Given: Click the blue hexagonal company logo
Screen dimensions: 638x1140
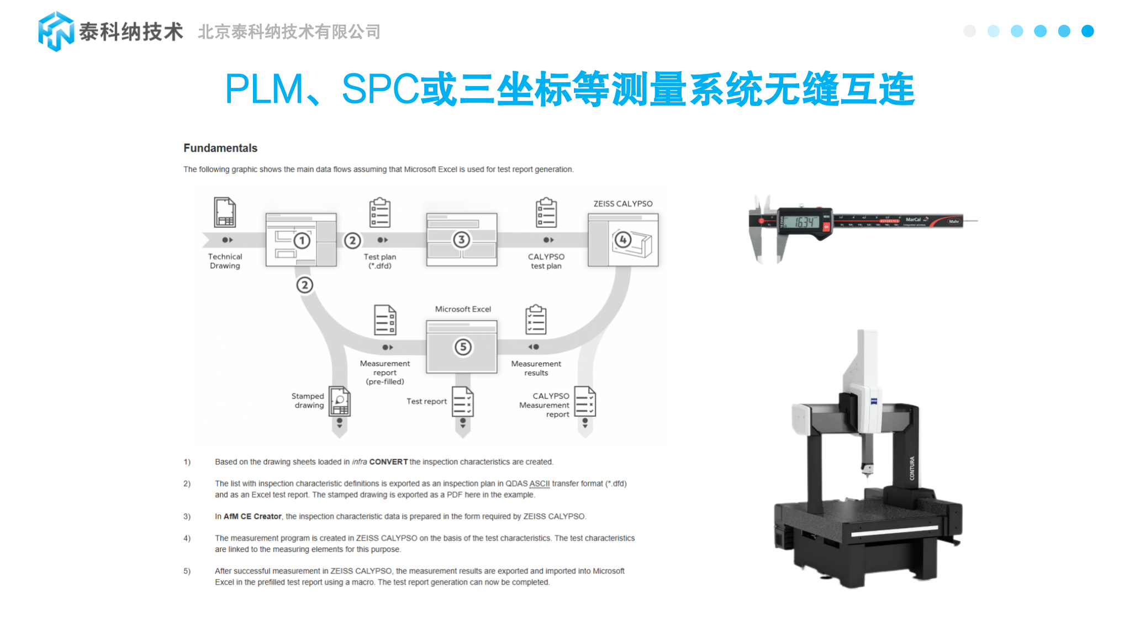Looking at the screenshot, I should tap(56, 31).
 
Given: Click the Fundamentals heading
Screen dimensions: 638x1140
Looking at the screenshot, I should tap(220, 148).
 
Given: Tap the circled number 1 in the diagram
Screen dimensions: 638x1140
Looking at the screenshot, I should tap(302, 241).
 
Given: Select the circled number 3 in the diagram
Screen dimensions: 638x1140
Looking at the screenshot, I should tap(461, 240).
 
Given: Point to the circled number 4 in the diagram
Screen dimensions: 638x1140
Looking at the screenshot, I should tap(623, 240).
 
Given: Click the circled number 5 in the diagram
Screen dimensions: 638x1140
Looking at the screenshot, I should tap(463, 347).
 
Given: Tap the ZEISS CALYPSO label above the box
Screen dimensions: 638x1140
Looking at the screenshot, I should tap(622, 204).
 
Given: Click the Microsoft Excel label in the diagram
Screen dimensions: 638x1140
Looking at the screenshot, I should tap(463, 309).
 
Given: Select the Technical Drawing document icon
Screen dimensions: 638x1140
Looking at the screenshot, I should tap(225, 212).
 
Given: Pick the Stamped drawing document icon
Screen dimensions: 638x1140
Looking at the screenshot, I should tap(340, 401).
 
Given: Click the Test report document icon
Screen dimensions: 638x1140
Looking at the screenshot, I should tap(463, 401).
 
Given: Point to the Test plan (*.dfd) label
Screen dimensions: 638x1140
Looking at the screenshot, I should tap(380, 261).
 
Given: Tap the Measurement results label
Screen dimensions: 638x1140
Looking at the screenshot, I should tap(536, 368).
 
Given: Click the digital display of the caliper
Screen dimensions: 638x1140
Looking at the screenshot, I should tap(804, 222).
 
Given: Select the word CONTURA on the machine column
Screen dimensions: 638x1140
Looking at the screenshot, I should tap(912, 468).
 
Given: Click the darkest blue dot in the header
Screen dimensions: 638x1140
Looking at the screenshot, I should tap(1088, 31).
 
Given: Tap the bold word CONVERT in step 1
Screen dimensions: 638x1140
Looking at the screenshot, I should tap(388, 462).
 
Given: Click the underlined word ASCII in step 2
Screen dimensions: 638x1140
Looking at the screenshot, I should tap(539, 483).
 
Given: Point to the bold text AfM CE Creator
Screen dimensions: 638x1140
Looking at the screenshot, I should tap(252, 517).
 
